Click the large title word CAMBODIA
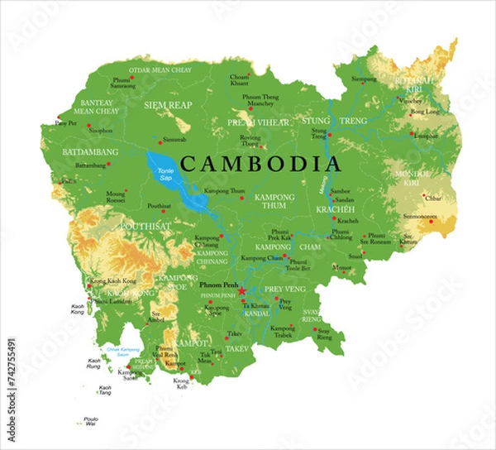point(260,163)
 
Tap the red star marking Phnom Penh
point(242,292)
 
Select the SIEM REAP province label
point(168,105)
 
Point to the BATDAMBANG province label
point(90,152)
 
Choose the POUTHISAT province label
point(145,225)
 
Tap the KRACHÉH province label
point(335,210)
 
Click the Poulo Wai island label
point(91,422)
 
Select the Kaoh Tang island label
point(106,390)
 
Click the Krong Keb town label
point(181,383)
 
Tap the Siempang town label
point(363,79)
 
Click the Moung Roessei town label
point(116,196)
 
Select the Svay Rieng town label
point(324,335)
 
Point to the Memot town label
point(340,267)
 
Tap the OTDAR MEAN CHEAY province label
point(160,70)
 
